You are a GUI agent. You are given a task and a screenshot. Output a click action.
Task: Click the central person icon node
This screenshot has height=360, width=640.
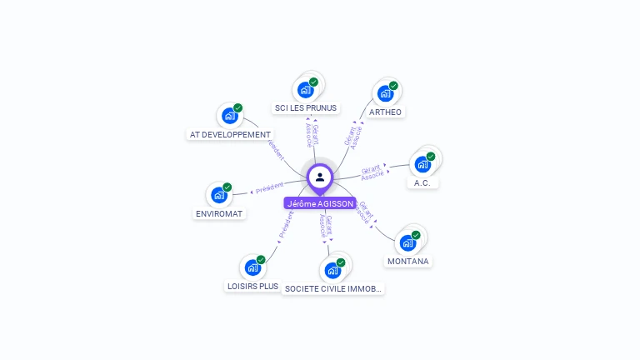(x=320, y=177)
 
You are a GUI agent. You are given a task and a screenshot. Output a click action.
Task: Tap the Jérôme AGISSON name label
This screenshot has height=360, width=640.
(x=320, y=203)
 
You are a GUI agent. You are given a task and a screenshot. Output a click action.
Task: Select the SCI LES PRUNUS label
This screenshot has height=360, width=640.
(x=307, y=107)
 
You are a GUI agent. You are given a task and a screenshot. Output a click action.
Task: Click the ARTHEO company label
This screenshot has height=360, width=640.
(x=385, y=112)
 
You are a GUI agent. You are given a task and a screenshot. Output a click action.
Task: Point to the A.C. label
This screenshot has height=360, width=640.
(x=422, y=182)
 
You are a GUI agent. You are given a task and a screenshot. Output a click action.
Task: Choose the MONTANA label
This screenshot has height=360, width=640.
(x=408, y=261)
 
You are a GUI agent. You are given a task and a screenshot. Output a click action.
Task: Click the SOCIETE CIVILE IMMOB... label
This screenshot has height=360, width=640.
(x=333, y=288)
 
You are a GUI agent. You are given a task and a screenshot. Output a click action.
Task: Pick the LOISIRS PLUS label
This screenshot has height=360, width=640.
(x=252, y=286)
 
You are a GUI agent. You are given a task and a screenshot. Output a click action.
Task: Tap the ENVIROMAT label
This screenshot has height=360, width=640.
(x=219, y=213)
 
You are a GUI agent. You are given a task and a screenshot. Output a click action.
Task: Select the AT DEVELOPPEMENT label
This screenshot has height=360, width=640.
(x=230, y=134)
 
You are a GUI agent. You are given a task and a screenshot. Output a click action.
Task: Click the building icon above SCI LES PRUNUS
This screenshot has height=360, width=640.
(x=306, y=89)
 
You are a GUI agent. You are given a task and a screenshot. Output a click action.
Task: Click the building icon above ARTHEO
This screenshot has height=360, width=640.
(x=385, y=93)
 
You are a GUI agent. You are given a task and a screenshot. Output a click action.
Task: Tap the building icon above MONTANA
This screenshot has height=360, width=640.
(x=407, y=242)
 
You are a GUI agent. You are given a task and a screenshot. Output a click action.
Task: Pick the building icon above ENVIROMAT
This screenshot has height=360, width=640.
(x=218, y=195)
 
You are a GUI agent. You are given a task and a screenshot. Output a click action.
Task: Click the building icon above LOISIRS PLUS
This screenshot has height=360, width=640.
(x=252, y=267)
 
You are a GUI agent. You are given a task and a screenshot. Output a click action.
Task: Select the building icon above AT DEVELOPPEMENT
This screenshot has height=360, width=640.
(x=229, y=116)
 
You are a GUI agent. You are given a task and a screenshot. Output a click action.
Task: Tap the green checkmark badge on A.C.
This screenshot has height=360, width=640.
(x=431, y=156)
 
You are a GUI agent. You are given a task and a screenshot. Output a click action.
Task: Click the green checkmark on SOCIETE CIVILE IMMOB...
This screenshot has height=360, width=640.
(x=341, y=262)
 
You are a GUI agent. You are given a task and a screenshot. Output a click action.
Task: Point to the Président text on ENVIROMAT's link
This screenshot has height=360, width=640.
(x=270, y=188)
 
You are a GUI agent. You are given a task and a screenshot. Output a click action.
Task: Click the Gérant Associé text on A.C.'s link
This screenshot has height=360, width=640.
(x=372, y=172)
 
